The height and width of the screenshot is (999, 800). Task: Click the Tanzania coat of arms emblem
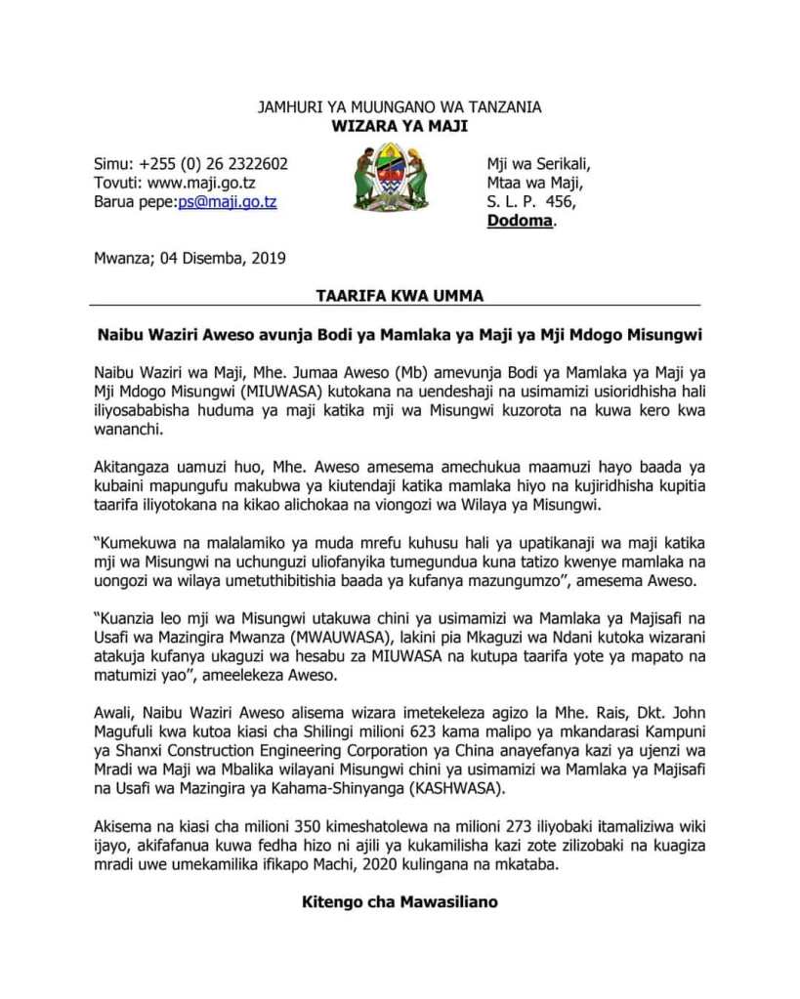[390, 180]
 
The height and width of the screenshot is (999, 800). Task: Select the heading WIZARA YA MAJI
[399, 126]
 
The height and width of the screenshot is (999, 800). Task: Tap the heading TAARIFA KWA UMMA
[400, 295]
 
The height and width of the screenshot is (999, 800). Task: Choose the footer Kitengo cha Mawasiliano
[400, 900]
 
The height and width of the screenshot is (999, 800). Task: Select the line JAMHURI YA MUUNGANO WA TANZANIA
[399, 107]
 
